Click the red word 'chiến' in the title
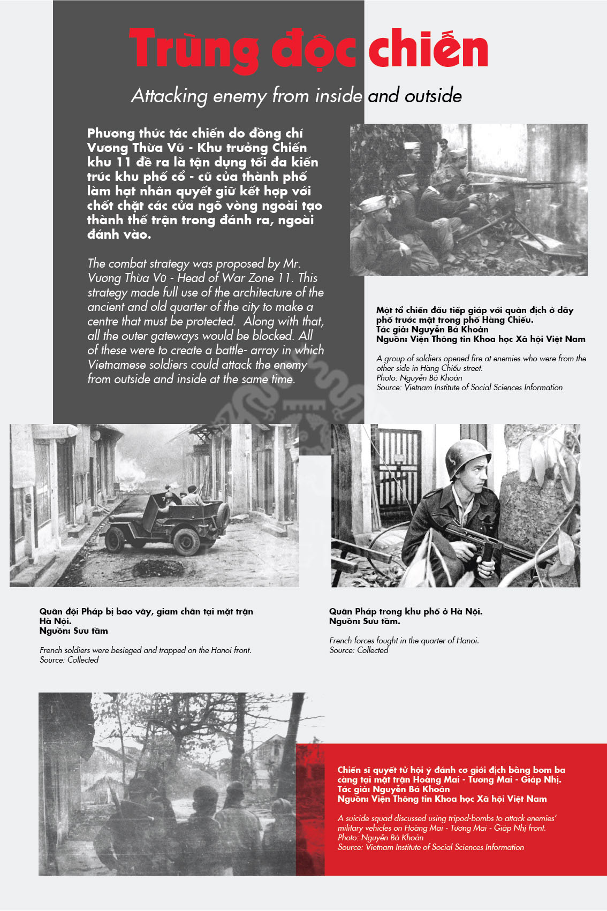pos(428,49)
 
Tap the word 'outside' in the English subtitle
pos(433,96)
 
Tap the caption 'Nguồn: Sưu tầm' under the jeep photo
pos(73,631)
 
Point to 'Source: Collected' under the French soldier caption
pos(359,650)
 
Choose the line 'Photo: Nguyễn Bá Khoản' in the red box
pos(381,837)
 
